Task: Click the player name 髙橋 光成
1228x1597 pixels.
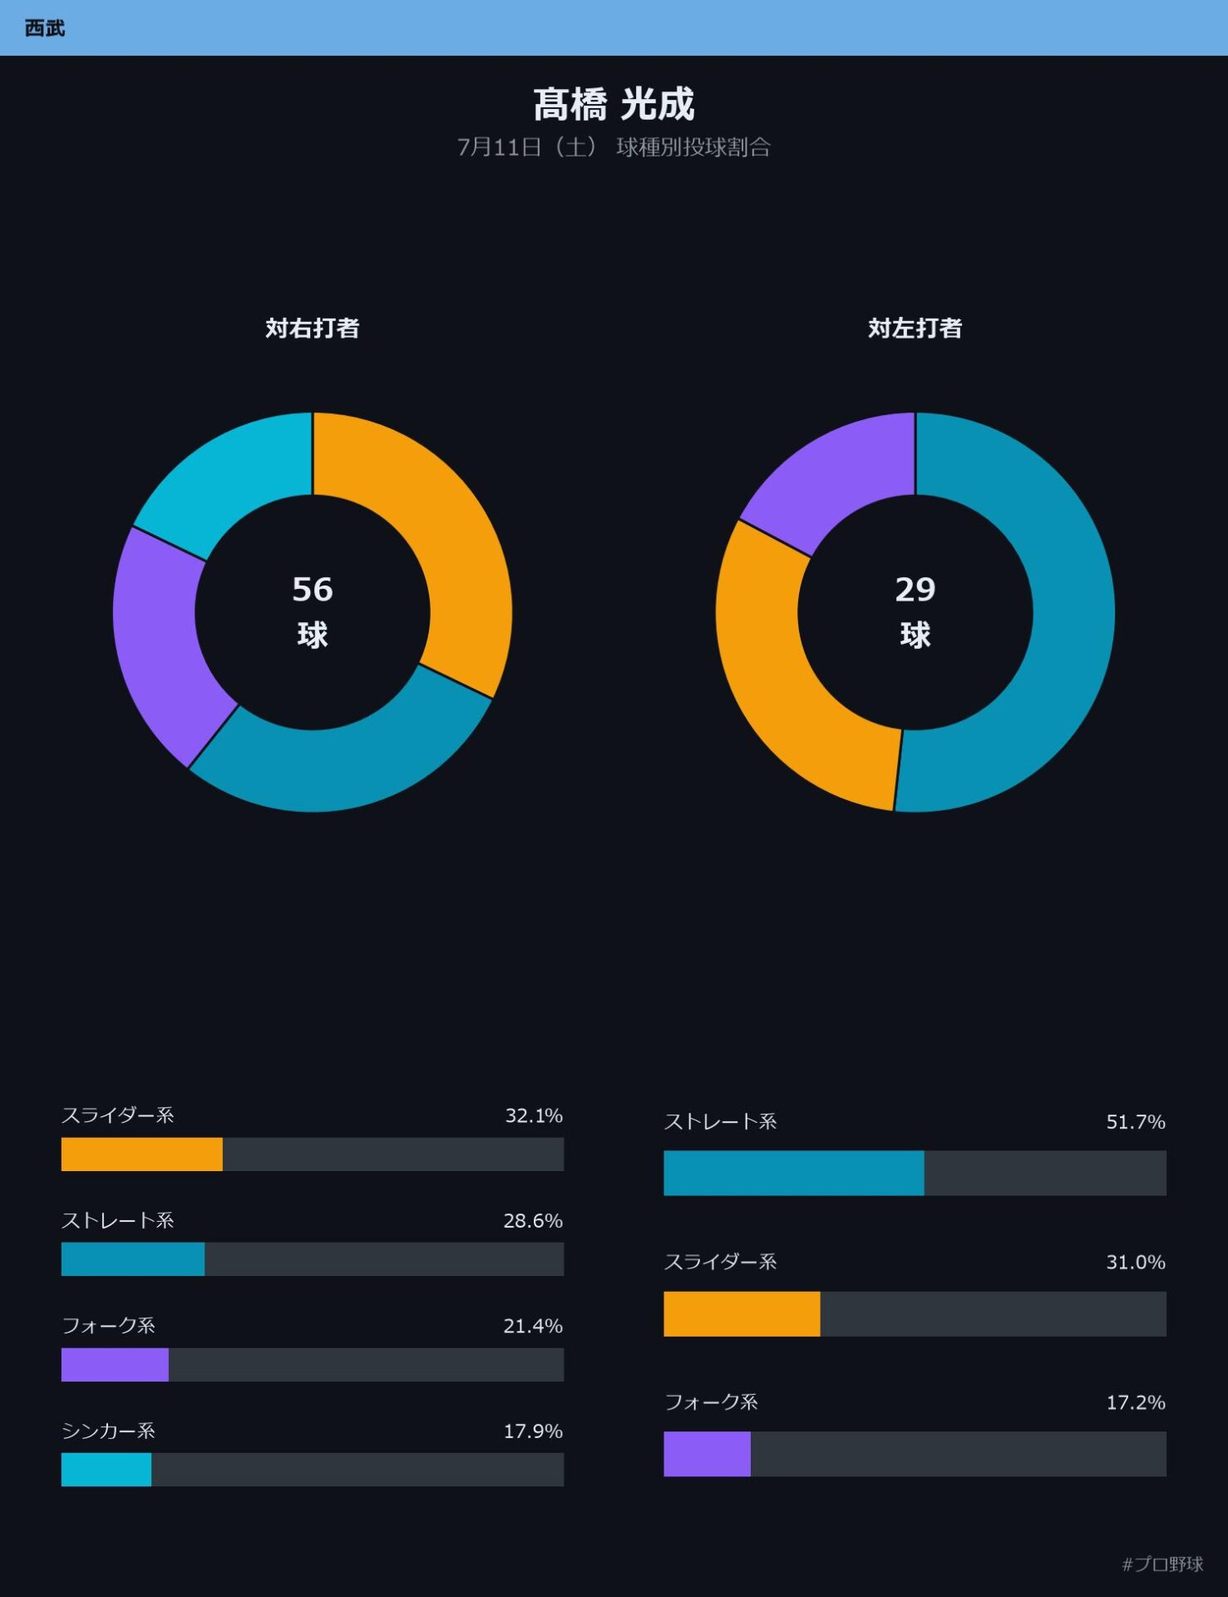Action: (x=614, y=104)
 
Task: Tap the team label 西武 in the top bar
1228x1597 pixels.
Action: (x=45, y=28)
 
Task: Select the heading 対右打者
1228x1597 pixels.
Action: (x=313, y=328)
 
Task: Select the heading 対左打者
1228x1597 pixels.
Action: (x=915, y=328)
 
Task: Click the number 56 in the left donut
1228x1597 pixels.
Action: (x=313, y=589)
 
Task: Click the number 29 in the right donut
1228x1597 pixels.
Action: (x=915, y=589)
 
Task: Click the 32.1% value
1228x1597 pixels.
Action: (x=534, y=1115)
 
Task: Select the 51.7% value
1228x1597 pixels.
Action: (x=1136, y=1121)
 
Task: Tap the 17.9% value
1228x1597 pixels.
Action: (x=533, y=1431)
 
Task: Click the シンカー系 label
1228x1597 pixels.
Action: (x=108, y=1431)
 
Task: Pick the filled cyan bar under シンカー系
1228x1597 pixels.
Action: (x=106, y=1470)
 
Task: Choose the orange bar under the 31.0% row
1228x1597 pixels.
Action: (x=742, y=1314)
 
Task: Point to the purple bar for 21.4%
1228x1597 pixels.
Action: (x=115, y=1365)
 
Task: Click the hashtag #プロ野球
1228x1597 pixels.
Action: (x=1162, y=1564)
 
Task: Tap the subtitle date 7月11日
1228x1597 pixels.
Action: (x=499, y=147)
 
